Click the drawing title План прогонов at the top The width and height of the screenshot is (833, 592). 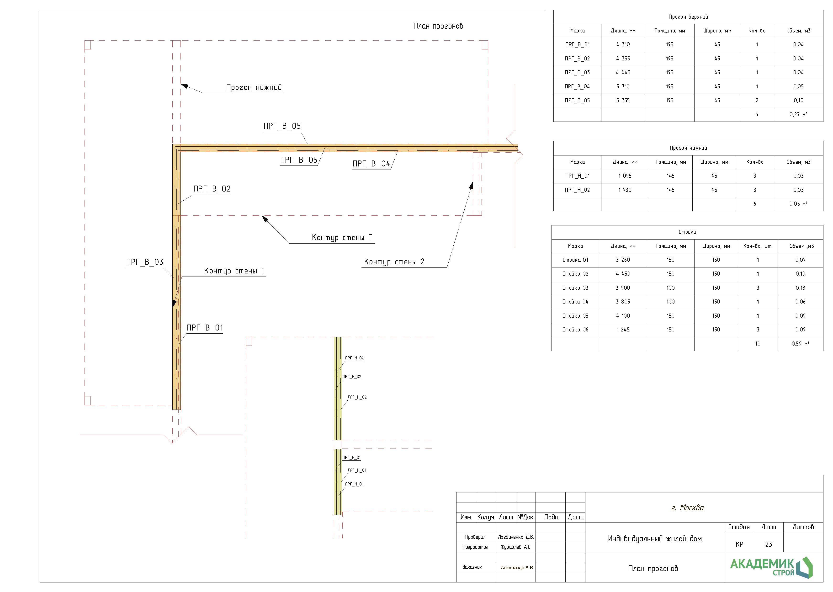point(438,26)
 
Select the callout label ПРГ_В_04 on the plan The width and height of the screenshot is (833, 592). point(371,164)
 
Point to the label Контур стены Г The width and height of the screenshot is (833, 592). point(342,238)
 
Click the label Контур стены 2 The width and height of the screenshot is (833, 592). point(394,262)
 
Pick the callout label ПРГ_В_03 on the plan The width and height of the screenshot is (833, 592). point(145,262)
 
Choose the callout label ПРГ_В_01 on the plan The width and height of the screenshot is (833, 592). point(204,328)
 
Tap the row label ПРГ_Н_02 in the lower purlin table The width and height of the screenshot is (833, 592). point(577,190)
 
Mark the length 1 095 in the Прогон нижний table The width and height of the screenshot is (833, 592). point(625,176)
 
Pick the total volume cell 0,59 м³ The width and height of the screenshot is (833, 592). point(800,344)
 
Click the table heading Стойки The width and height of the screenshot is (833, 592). point(687,232)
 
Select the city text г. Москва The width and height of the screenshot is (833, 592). point(687,508)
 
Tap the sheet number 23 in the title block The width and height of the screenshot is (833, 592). point(769,544)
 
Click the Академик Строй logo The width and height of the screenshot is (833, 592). point(771,567)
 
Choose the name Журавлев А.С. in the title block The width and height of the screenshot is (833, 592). point(516,547)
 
